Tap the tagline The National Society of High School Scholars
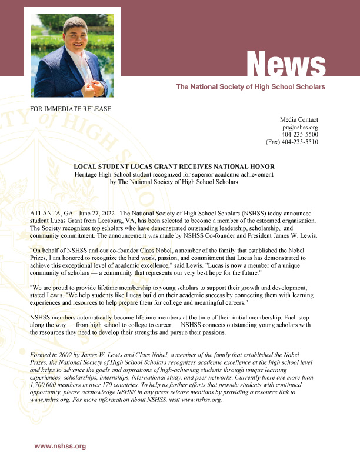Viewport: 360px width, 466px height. (x=251, y=86)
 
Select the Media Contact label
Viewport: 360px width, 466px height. (x=299, y=119)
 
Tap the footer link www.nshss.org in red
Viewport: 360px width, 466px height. (x=60, y=446)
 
